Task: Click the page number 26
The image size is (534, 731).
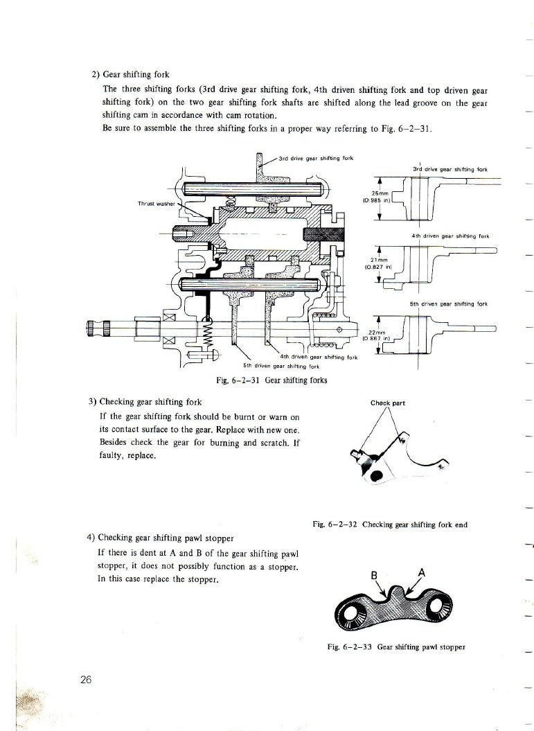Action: [x=87, y=679]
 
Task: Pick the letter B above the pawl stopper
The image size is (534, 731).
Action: [x=374, y=574]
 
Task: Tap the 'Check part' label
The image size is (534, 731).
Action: [x=388, y=402]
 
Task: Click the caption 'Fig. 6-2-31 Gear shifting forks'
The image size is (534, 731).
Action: [x=272, y=379]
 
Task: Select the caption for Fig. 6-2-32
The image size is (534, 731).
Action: [x=390, y=525]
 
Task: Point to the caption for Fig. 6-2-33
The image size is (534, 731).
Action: [x=395, y=647]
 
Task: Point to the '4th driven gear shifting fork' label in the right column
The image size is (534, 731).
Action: [x=450, y=236]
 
